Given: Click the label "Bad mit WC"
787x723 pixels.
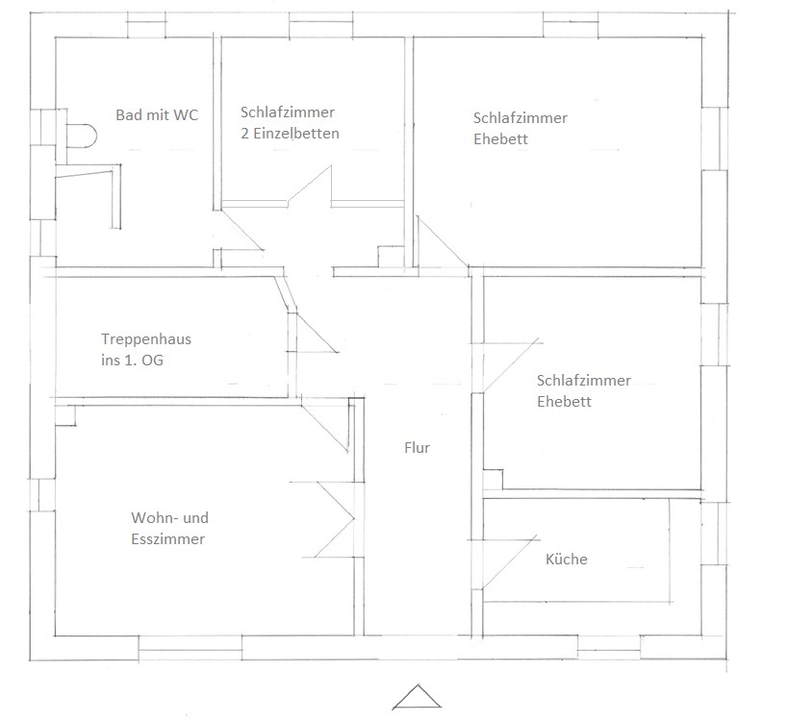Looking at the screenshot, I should [x=157, y=115].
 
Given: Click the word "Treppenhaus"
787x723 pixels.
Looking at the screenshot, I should [x=146, y=339].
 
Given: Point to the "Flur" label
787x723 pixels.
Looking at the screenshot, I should [x=417, y=448].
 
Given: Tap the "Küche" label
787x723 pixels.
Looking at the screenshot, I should [x=566, y=560].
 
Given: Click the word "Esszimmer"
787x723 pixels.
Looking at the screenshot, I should [x=167, y=539].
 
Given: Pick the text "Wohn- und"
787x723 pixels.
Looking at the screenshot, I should [x=169, y=519].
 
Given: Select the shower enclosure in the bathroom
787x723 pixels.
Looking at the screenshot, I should [x=89, y=197].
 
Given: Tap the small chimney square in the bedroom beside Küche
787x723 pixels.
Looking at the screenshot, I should [x=492, y=478].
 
